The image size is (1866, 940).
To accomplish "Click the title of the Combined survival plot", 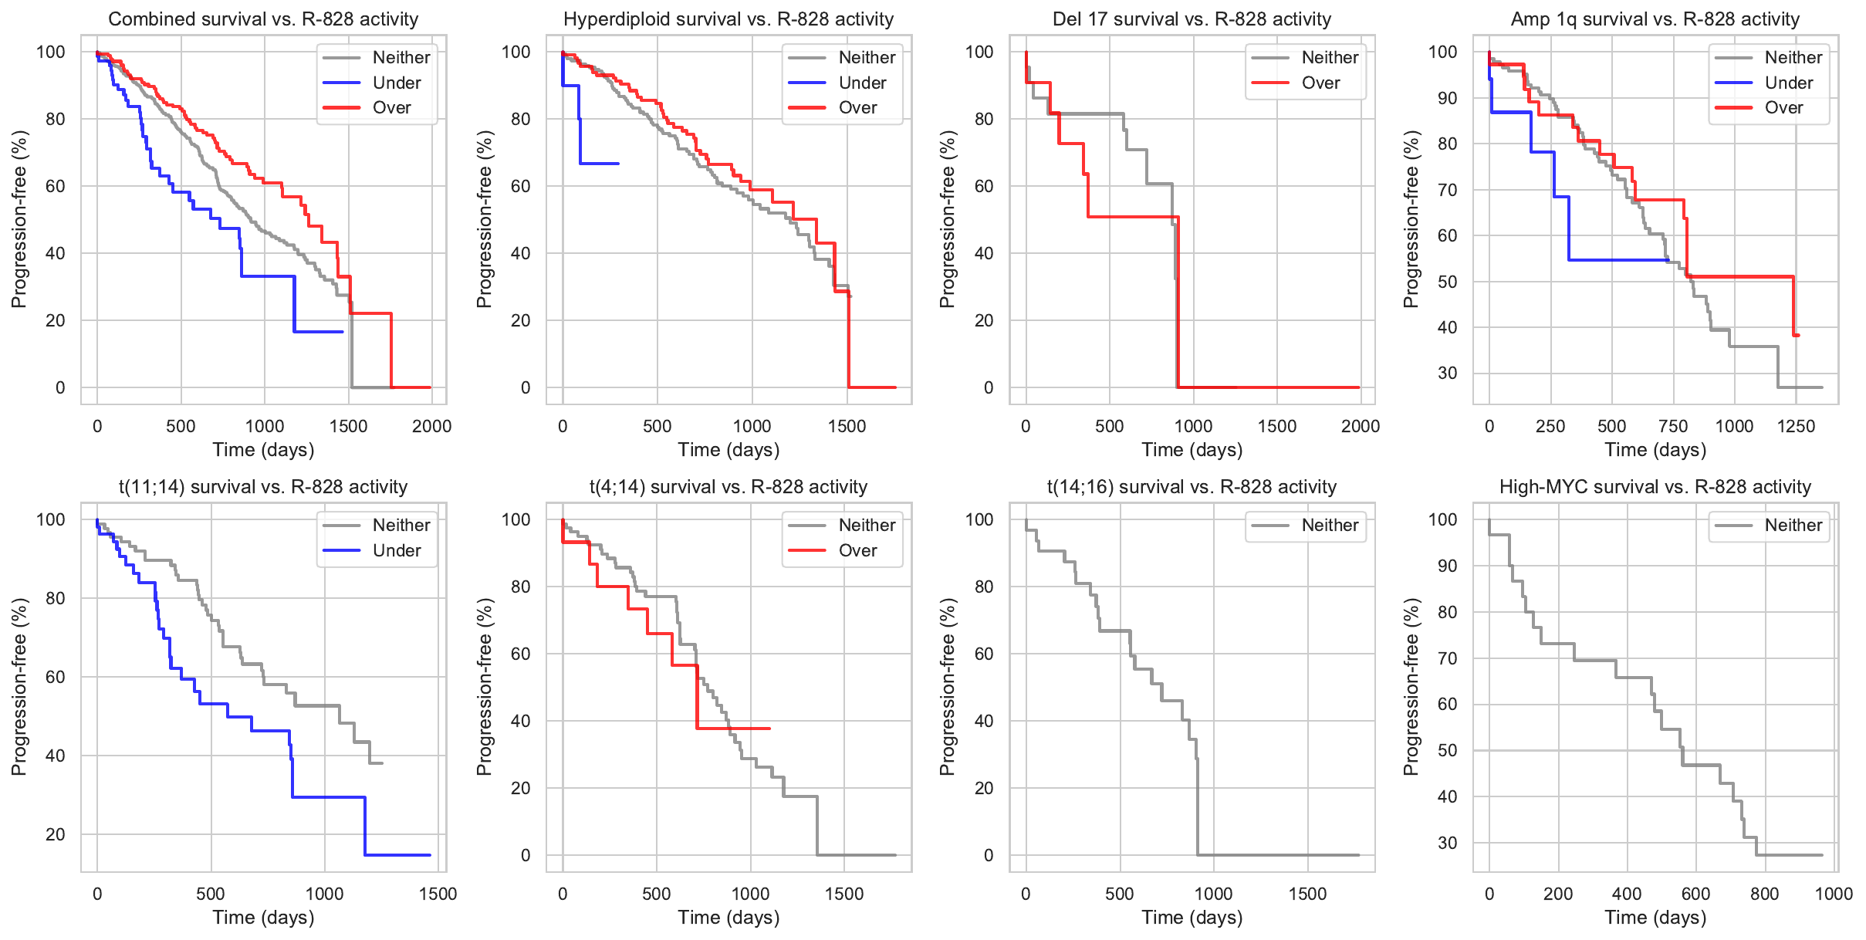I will tap(263, 19).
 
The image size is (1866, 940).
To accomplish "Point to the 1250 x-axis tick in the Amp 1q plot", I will tap(1796, 426).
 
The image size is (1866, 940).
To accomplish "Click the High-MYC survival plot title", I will tap(1655, 487).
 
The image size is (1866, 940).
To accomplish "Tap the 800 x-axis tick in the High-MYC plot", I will tap(1764, 894).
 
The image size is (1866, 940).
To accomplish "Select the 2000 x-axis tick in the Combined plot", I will tap(431, 426).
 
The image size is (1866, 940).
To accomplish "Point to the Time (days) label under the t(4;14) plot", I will tap(728, 918).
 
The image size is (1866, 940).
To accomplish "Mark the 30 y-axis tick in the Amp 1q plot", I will tap(1448, 374).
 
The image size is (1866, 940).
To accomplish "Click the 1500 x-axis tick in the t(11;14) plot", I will tap(438, 894).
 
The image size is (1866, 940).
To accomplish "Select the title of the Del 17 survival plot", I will tap(1192, 19).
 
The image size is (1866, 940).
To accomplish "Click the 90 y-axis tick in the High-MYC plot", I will tap(1448, 566).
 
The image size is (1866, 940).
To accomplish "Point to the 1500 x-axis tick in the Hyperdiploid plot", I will tap(847, 426).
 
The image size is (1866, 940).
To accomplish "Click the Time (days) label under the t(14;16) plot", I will tap(1192, 918).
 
